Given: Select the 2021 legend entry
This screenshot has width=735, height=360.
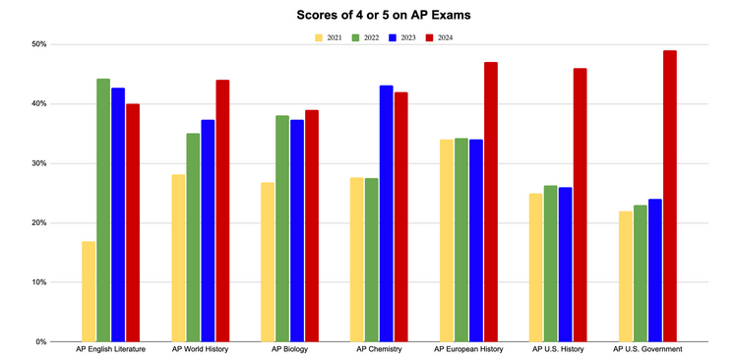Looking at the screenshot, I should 328,37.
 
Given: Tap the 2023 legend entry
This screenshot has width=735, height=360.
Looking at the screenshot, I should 407,37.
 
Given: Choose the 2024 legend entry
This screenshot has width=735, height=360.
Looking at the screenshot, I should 446,37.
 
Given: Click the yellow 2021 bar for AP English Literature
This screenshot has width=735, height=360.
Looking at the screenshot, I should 89,291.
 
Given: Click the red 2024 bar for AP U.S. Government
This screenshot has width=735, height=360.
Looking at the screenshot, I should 669,196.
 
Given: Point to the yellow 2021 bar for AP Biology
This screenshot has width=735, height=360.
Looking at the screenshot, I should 268,262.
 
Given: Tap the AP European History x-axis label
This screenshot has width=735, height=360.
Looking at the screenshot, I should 468,349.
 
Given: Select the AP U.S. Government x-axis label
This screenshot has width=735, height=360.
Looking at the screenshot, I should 647,349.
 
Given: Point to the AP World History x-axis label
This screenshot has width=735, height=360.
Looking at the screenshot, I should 200,349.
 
